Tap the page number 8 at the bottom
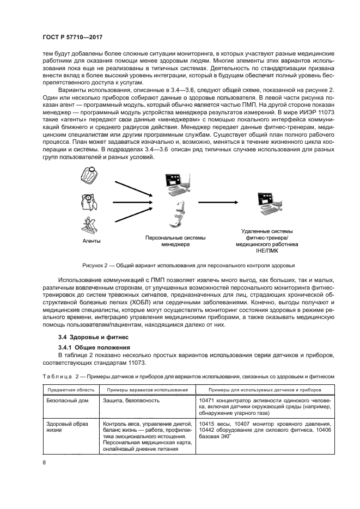(45, 463)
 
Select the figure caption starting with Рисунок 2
(188, 266)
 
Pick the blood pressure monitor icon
(90, 201)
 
